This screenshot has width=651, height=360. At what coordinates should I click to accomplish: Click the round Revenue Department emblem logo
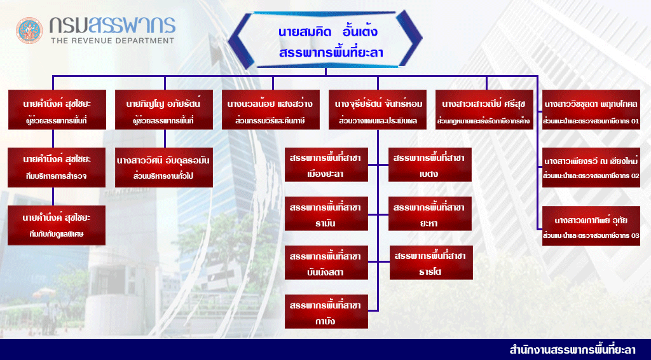[x=29, y=30]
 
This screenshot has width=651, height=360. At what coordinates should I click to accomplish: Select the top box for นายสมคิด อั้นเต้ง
[x=325, y=40]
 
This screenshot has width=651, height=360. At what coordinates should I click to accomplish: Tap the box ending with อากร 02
[x=591, y=166]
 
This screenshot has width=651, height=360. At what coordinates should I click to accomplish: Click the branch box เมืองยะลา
[x=326, y=165]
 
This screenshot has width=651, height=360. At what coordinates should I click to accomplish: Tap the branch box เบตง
[x=430, y=165]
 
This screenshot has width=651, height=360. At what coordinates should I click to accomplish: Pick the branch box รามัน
[x=326, y=215]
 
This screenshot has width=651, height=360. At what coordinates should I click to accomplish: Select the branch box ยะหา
[x=430, y=215]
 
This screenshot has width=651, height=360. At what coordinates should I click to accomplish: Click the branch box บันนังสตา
[x=326, y=263]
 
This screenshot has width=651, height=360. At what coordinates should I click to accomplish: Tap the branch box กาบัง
[x=326, y=312]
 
